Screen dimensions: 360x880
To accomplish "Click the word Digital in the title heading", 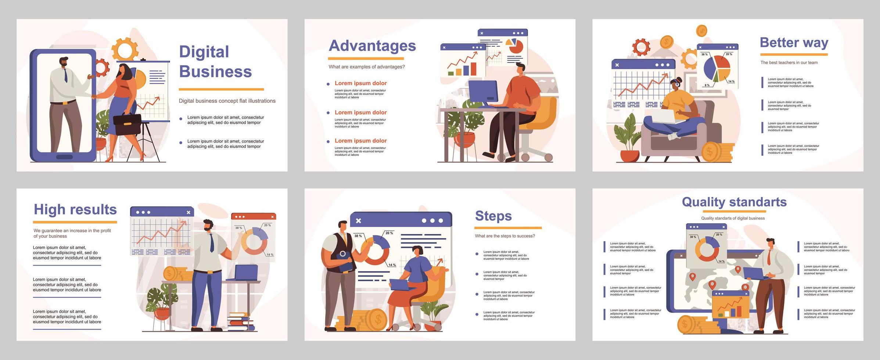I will click(204, 52).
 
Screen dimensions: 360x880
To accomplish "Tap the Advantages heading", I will click(372, 46).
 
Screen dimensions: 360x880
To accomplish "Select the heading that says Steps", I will click(493, 216).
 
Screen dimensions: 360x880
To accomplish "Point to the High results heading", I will click(75, 209).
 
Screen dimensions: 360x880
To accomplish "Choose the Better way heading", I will click(794, 43).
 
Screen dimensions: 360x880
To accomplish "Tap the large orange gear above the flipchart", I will click(124, 50).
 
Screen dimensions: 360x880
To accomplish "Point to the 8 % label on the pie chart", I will click(707, 85).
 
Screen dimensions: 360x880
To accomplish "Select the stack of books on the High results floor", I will click(241, 321).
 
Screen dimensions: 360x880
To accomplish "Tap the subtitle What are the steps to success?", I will click(504, 236).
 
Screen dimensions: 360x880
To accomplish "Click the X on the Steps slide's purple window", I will click(359, 220).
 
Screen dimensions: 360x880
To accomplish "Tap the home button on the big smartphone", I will click(65, 157).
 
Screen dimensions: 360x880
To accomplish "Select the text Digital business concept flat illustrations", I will click(227, 101).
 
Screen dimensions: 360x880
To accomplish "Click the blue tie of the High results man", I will click(212, 242).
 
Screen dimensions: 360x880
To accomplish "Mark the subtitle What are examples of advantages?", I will click(366, 67).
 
